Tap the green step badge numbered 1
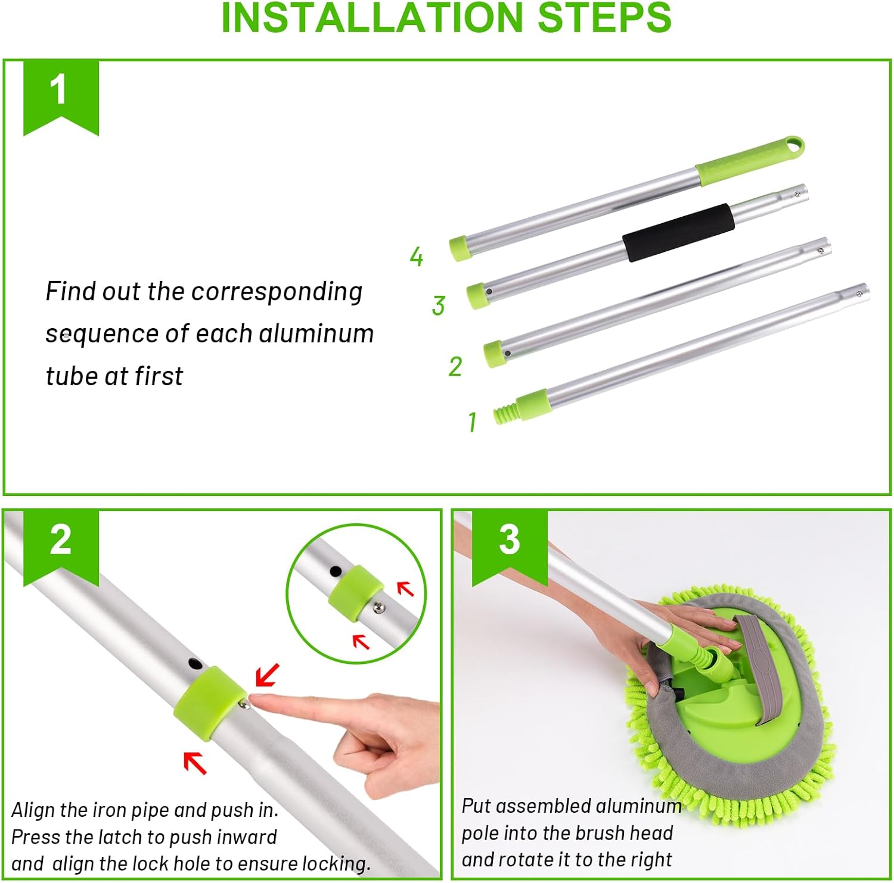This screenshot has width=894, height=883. pyautogui.click(x=61, y=95)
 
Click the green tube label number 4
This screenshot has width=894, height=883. pyautogui.click(x=416, y=257)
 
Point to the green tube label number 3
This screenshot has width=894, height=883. pyautogui.click(x=439, y=305)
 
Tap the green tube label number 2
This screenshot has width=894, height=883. pyautogui.click(x=455, y=366)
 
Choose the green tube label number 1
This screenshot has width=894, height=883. pyautogui.click(x=472, y=422)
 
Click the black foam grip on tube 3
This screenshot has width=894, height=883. pyautogui.click(x=678, y=232)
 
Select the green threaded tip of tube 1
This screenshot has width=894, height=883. pyautogui.click(x=505, y=413)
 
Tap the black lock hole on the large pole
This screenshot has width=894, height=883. pyautogui.click(x=195, y=663)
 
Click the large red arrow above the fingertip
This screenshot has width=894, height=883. pyautogui.click(x=266, y=675)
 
